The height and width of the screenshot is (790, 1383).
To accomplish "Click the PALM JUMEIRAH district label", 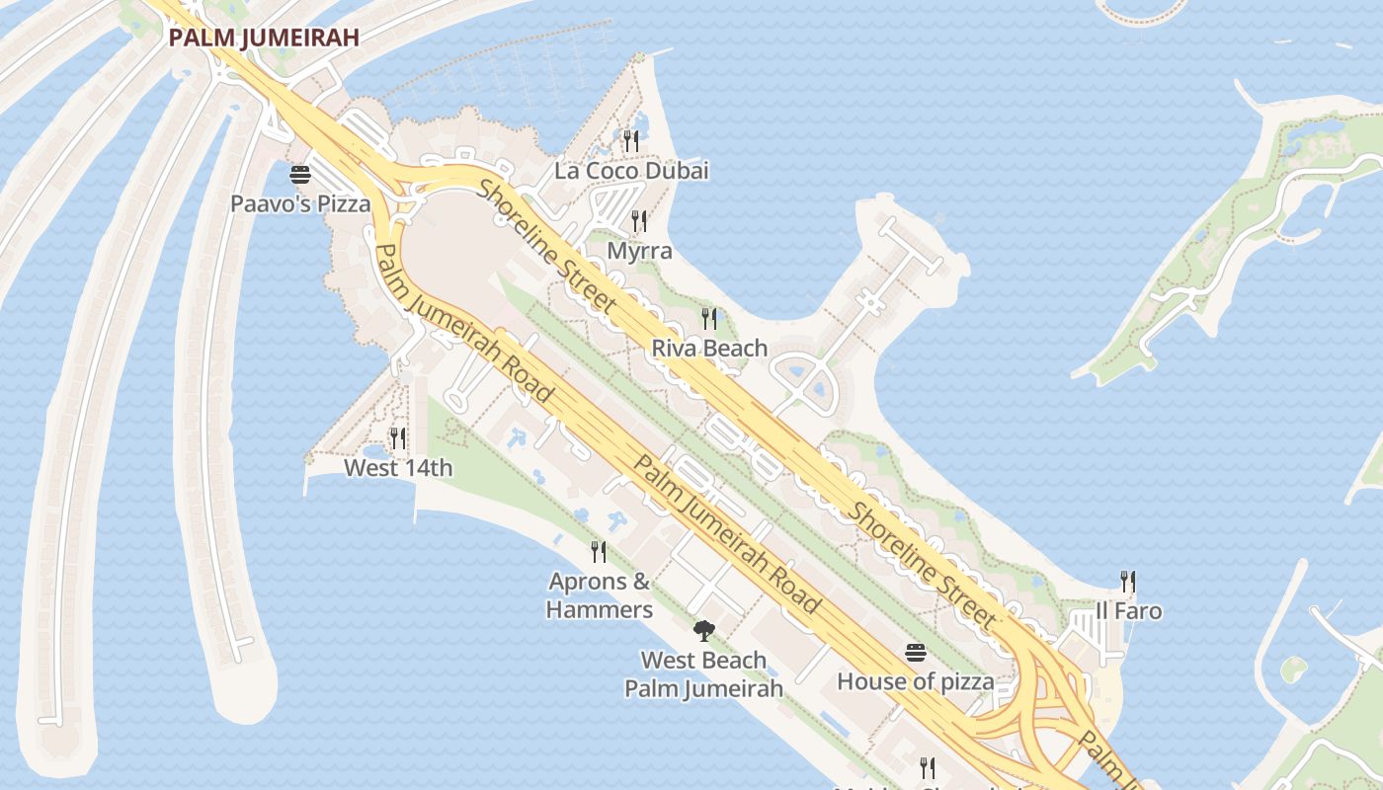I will pos(263,39).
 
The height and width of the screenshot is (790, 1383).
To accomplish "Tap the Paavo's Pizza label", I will pos(300,204).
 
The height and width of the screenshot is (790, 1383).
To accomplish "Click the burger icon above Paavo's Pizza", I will pos(300,176).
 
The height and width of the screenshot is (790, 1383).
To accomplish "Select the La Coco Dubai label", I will pos(631,171).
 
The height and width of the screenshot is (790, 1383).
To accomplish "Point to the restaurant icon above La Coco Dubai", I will pos(631,141).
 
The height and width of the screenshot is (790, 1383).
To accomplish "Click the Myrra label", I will pos(639,251).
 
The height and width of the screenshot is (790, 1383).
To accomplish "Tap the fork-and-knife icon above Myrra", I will pos(639,221).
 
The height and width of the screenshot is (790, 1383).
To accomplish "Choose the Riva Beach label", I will pos(709,348).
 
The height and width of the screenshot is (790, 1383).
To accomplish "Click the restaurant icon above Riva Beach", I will pos(709,318).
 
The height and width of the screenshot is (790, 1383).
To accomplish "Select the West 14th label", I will pos(398,467).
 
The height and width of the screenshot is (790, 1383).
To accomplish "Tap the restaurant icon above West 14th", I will pos(398,437).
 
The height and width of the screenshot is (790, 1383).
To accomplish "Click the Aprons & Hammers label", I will pos(599,595).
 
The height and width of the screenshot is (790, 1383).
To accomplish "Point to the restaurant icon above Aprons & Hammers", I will pos(599,551).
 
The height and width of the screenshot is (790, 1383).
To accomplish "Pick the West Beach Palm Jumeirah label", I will pos(703,674).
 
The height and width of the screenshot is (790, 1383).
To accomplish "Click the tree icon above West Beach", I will pos(703,630).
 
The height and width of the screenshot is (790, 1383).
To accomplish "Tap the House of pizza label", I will pos(916,681).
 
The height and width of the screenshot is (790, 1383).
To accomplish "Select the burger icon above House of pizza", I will pos(916,653).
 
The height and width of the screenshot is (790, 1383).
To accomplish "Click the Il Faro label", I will pos(1128,611).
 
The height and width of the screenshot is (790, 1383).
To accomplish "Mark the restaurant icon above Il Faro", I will pos(1128,582).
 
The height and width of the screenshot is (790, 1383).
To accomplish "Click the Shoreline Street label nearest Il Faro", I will pos(923,566).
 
